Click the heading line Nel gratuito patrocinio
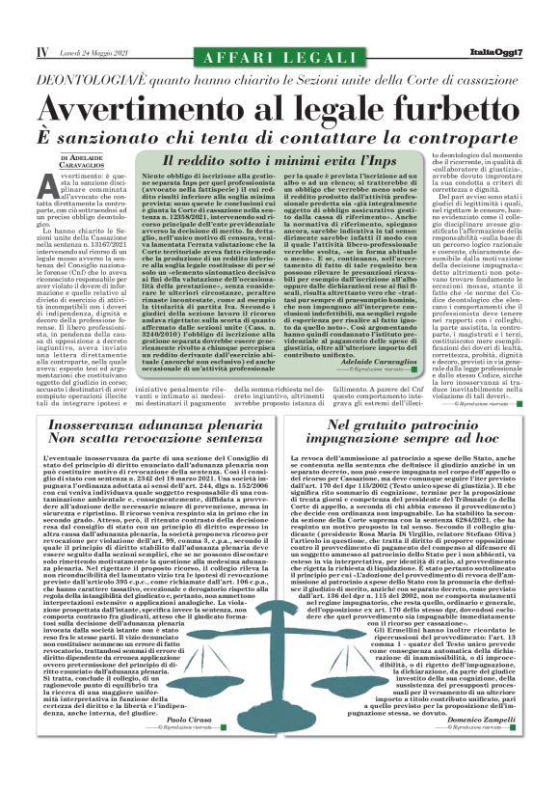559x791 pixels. pyautogui.click(x=414, y=427)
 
